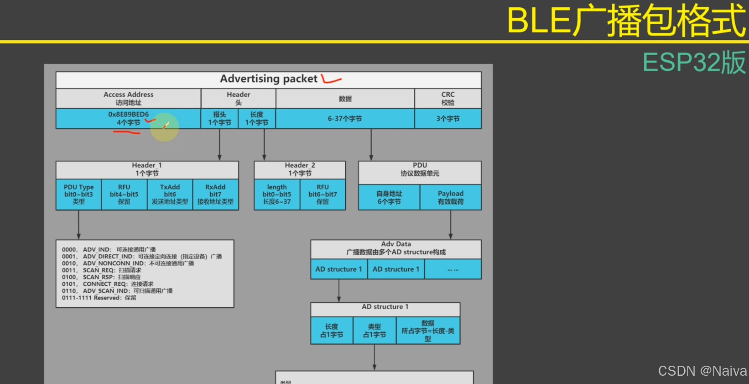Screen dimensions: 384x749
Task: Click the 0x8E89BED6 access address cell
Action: (128, 118)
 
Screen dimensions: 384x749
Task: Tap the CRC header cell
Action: (447, 98)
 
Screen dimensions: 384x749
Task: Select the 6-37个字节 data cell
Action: (345, 118)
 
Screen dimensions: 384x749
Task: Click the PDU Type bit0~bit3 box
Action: (78, 195)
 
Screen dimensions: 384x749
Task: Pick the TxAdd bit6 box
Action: (170, 195)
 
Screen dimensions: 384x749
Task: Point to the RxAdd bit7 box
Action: (215, 195)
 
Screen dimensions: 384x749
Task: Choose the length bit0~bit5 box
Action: (277, 195)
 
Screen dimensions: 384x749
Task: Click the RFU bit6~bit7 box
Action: (322, 195)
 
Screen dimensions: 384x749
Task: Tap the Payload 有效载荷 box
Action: (450, 197)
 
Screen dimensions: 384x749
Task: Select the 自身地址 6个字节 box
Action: (389, 197)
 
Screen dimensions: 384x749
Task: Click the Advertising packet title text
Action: (269, 79)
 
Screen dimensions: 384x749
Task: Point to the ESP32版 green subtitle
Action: (694, 63)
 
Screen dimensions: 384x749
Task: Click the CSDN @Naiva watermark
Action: (702, 371)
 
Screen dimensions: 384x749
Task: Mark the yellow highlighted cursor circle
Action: (165, 127)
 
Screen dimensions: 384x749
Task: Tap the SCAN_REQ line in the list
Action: (102, 270)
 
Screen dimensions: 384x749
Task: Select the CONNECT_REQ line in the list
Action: (108, 284)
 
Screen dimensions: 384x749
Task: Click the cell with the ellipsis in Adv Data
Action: (453, 269)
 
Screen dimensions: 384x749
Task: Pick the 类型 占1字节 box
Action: (374, 331)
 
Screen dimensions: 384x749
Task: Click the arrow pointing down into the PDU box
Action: (371, 145)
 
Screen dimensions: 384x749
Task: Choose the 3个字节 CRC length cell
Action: (447, 118)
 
